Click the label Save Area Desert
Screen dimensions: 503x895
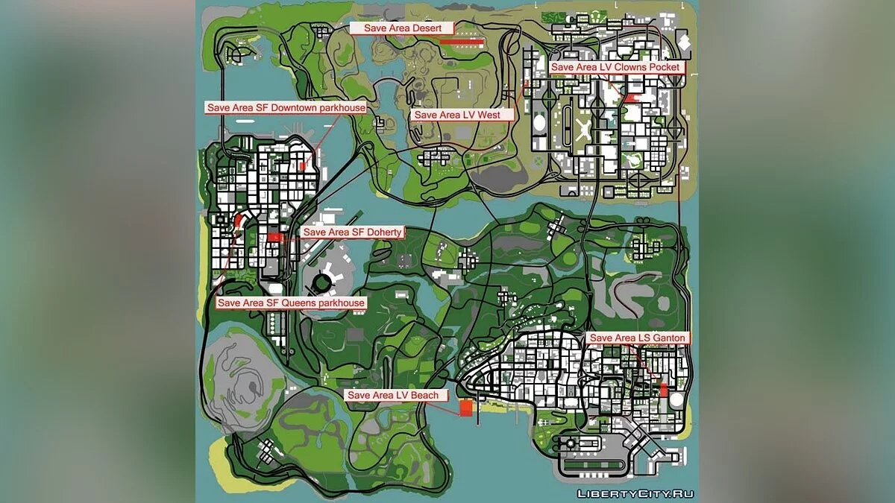[403, 28]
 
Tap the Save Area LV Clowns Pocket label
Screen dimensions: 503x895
[615, 67]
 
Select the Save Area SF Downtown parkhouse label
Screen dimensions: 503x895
[286, 108]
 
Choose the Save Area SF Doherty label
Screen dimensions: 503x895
[353, 232]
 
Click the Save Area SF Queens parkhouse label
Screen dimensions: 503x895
[291, 303]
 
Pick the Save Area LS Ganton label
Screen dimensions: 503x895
[636, 338]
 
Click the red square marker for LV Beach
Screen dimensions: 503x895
[466, 408]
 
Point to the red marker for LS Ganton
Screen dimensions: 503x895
[664, 390]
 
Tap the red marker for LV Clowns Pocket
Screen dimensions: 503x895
[631, 98]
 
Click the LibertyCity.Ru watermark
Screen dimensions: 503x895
[633, 493]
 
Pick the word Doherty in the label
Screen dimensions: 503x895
[383, 232]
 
